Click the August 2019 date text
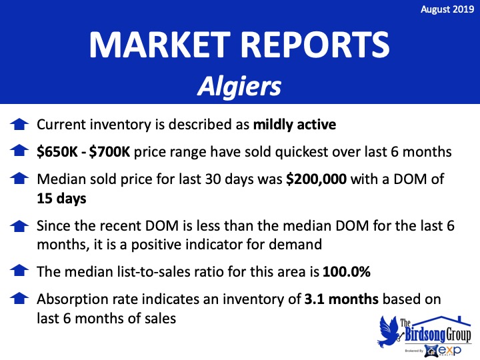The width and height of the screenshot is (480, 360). pyautogui.click(x=447, y=9)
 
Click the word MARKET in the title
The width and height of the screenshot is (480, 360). pyautogui.click(x=160, y=45)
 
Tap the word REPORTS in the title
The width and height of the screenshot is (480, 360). pyautogui.click(x=316, y=45)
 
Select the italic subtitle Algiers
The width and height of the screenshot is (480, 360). pyautogui.click(x=239, y=87)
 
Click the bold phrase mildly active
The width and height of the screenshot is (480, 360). pyautogui.click(x=295, y=125)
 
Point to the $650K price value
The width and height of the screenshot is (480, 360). pyautogui.click(x=57, y=151)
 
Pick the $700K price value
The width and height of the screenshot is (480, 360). pyautogui.click(x=109, y=151)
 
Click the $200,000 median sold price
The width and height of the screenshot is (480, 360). pyautogui.click(x=316, y=179)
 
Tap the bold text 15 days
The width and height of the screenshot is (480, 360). pyautogui.click(x=61, y=199)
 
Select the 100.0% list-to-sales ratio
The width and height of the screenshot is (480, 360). pyautogui.click(x=347, y=271)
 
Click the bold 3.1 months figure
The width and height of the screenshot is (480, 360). pyautogui.click(x=341, y=299)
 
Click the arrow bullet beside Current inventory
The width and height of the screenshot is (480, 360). pyautogui.click(x=19, y=125)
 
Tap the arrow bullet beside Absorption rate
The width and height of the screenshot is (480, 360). pyautogui.click(x=19, y=298)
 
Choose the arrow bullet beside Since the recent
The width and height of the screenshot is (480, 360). pyautogui.click(x=19, y=225)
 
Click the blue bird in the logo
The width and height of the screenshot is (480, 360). pyautogui.click(x=389, y=331)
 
